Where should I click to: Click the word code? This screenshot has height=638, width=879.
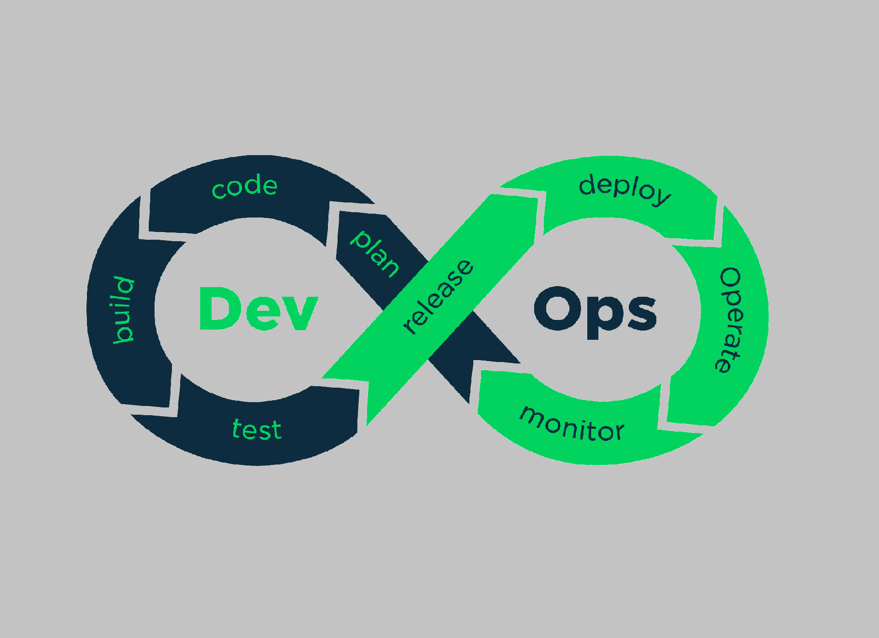[245, 186]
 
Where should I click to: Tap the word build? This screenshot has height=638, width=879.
[123, 310]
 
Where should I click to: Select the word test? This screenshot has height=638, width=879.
[257, 429]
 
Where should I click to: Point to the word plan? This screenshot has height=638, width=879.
[375, 254]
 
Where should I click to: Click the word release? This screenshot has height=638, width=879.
[439, 297]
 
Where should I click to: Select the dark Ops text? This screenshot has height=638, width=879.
[595, 312]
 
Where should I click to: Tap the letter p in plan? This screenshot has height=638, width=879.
[360, 239]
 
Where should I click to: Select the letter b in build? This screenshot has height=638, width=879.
[123, 333]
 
